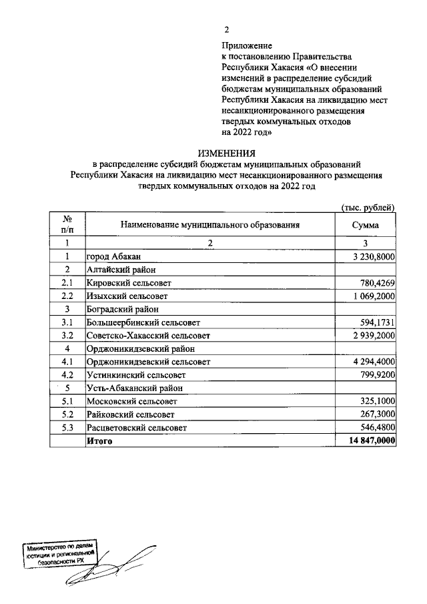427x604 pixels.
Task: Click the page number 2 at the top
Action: pos(226,30)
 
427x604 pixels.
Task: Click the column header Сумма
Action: pos(366,225)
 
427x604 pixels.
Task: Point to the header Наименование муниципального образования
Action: pos(209,225)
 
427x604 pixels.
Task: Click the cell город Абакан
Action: pos(113,256)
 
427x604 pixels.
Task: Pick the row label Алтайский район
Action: pos(121,270)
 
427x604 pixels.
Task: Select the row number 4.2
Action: pos(67,374)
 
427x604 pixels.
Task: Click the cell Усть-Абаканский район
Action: pos(134,388)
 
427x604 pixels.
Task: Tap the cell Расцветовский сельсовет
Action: pos(137,427)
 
